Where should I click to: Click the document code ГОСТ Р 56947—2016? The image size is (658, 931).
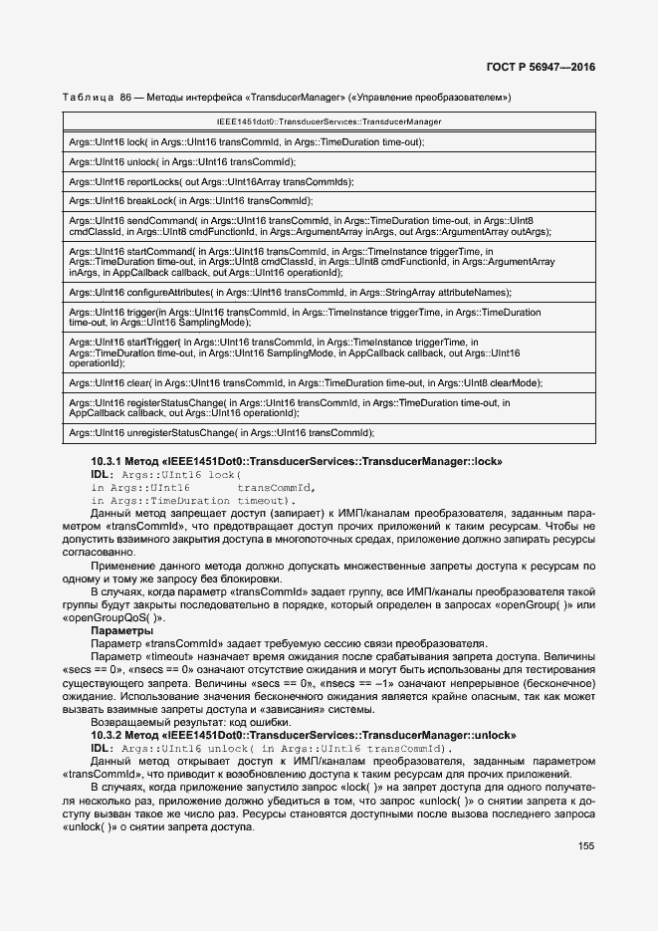[548, 67]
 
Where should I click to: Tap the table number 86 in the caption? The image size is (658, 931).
[125, 97]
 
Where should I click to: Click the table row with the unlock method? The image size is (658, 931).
[182, 161]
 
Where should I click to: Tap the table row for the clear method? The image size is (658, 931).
[306, 382]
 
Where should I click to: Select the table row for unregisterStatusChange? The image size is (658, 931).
[221, 433]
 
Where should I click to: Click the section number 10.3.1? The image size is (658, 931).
[106, 463]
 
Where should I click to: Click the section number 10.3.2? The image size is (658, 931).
[106, 735]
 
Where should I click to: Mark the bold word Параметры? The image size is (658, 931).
[121, 631]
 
